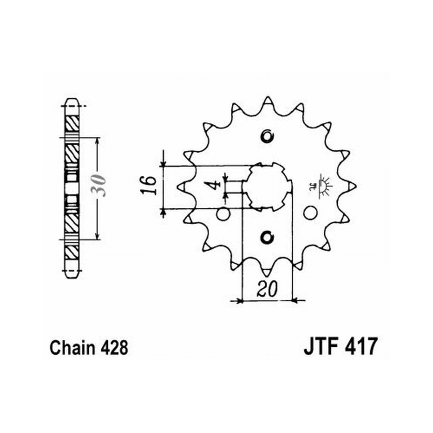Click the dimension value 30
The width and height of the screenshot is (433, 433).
[x=100, y=185]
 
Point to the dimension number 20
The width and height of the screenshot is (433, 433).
[x=267, y=289]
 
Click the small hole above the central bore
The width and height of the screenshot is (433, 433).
[x=267, y=136]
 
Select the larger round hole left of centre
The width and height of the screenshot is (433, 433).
[x=223, y=214]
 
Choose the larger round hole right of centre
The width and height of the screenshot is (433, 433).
[x=310, y=213]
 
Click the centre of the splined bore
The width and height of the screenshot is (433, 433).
[x=267, y=187]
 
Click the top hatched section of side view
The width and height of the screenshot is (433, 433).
[x=72, y=123]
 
